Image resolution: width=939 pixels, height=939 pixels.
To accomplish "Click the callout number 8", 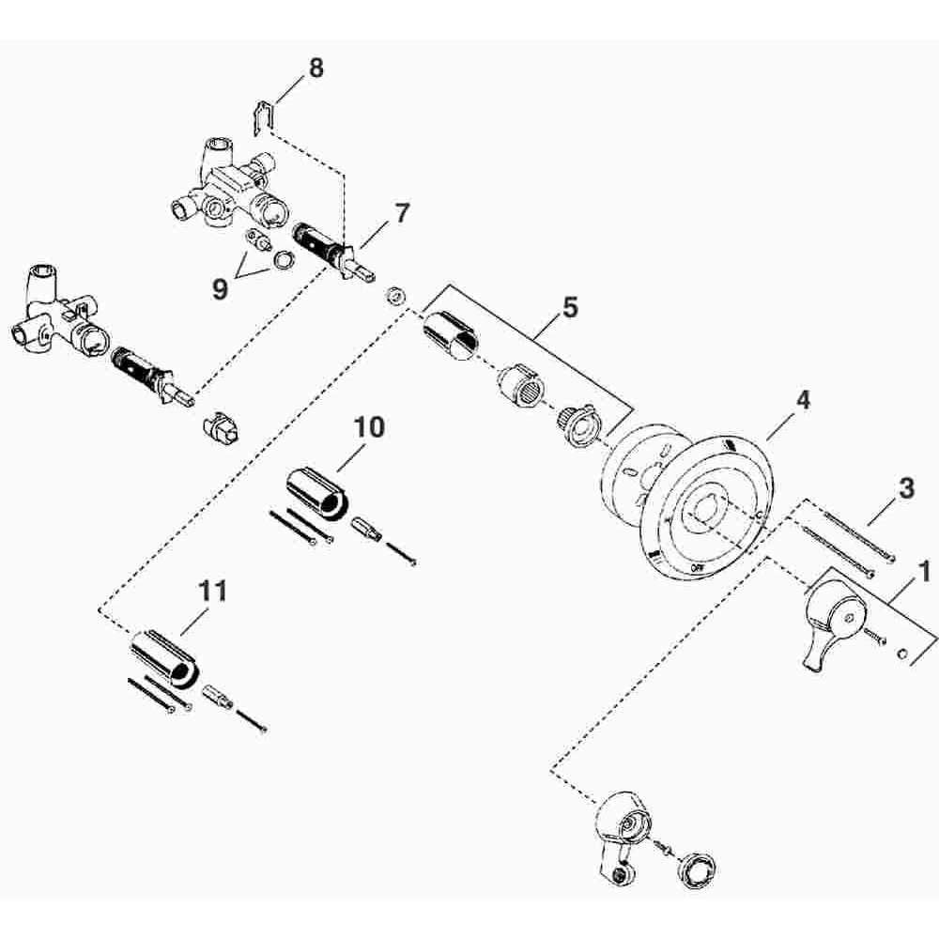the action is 316,68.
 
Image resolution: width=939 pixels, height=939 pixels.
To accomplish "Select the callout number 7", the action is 401,213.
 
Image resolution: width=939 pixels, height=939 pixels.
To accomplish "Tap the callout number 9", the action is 221,289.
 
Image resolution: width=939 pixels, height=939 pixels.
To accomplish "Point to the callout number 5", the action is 570,307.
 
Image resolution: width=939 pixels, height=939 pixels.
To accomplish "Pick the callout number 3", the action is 907,488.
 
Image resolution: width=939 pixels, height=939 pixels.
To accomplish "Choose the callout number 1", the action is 924,572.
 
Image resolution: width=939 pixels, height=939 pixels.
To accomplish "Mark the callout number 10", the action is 369,427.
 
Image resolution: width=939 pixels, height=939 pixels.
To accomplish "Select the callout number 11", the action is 213,591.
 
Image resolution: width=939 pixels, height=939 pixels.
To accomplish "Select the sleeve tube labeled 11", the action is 163,657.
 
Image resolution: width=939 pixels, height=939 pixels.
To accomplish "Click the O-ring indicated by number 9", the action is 284,259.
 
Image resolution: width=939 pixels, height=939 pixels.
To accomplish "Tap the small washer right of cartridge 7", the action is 394,296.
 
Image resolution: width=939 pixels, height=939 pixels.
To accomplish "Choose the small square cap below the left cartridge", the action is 221,427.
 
